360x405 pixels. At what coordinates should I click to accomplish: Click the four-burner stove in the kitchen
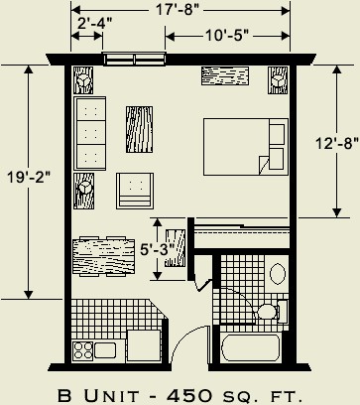click(82, 349)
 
